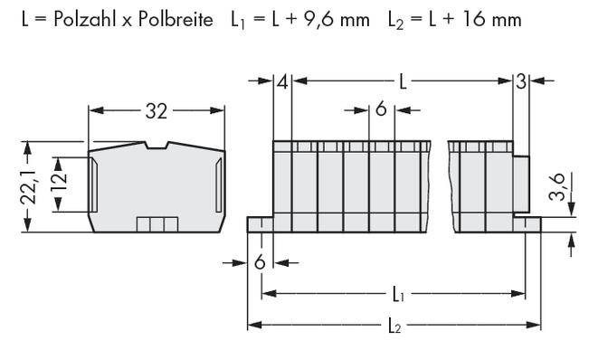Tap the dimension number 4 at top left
282,83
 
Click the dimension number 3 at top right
520,83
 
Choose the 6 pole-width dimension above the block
381,110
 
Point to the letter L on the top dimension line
404,83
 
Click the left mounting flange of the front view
260,223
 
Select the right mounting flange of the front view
527,223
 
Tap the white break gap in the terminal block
439,181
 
